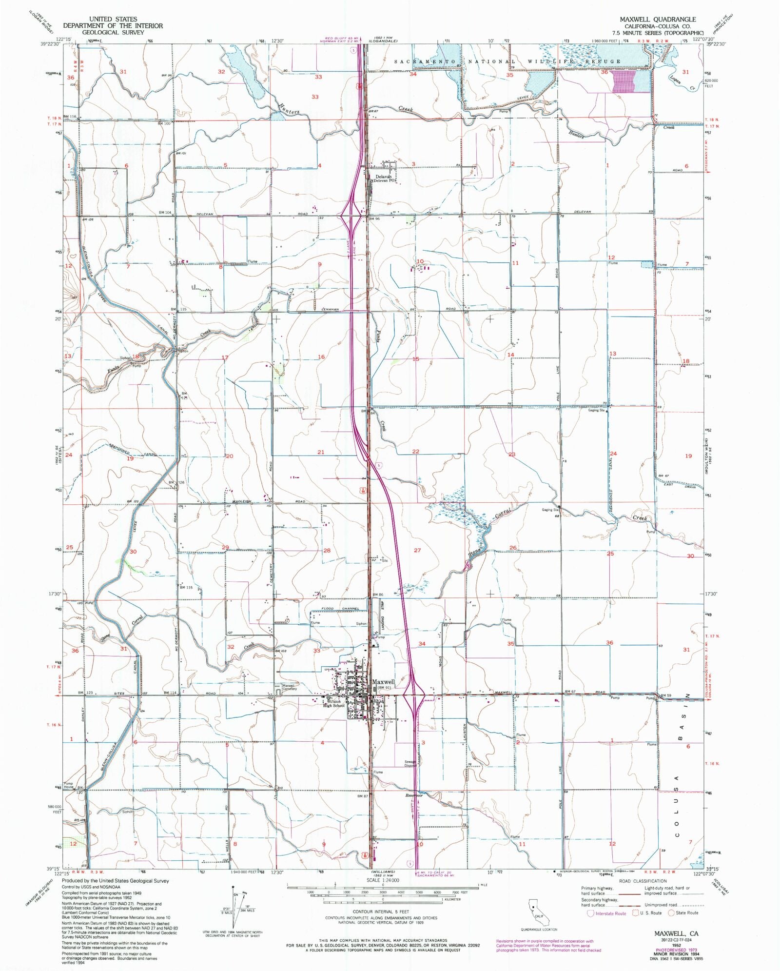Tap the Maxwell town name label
tap(383, 682)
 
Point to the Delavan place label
tap(383, 177)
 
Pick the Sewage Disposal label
tap(410, 764)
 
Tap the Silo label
tap(385, 561)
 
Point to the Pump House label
tap(68, 785)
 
